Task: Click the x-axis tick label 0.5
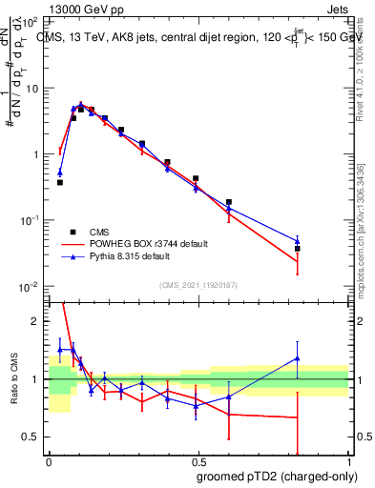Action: coord(198,459)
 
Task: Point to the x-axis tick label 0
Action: coord(49,459)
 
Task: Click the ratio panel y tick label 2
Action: coord(36,321)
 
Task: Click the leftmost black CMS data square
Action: coord(60,182)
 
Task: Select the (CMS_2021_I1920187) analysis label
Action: coord(198,284)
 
